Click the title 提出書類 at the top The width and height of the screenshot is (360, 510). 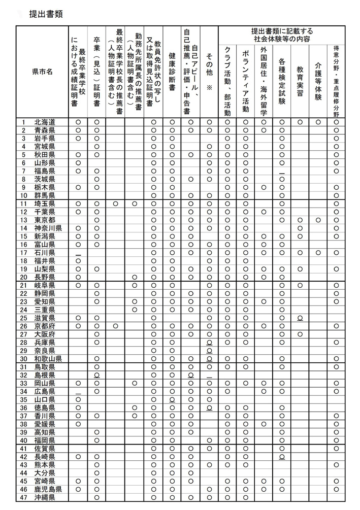click(x=46, y=15)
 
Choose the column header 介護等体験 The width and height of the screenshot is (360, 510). click(x=318, y=81)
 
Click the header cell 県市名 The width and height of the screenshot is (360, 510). click(x=42, y=72)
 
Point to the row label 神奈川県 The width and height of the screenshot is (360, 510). click(x=48, y=228)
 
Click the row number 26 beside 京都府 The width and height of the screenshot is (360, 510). click(x=23, y=326)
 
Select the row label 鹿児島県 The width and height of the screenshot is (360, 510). click(x=48, y=489)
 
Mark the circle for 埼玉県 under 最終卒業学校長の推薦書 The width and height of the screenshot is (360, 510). click(x=116, y=203)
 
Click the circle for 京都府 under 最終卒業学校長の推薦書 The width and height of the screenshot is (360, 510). click(x=116, y=326)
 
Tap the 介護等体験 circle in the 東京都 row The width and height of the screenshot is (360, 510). click(x=318, y=220)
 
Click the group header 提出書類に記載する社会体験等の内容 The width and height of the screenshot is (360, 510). click(x=282, y=35)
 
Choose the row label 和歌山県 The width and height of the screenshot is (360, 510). click(x=48, y=358)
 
